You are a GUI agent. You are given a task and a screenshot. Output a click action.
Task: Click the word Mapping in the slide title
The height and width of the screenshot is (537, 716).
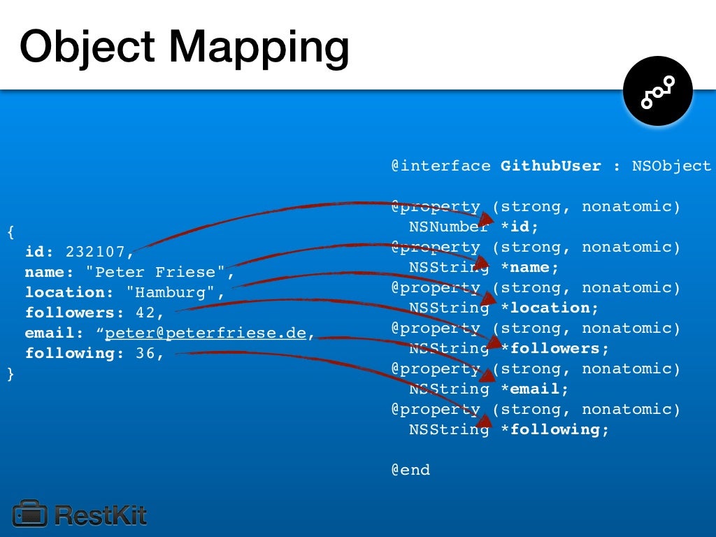pyautogui.click(x=259, y=48)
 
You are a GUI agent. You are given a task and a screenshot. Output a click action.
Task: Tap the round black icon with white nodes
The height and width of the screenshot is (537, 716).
pyautogui.click(x=657, y=92)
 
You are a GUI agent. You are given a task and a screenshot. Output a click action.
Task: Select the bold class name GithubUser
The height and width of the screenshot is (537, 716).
pyautogui.click(x=550, y=166)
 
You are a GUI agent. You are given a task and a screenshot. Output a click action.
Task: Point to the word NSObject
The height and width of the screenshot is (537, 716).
pyautogui.click(x=671, y=166)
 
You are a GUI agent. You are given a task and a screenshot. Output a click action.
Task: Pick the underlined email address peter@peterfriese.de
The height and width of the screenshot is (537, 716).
pyautogui.click(x=206, y=333)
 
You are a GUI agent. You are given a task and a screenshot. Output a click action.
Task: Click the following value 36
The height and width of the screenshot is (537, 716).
pyautogui.click(x=145, y=353)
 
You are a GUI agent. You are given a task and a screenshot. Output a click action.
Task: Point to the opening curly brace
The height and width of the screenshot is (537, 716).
pyautogui.click(x=10, y=231)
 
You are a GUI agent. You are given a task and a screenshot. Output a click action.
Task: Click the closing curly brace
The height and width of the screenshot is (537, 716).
pyautogui.click(x=10, y=374)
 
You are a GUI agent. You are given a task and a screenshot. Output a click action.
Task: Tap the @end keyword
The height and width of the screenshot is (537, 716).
pyautogui.click(x=410, y=470)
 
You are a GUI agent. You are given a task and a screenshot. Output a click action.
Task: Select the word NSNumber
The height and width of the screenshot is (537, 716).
pyautogui.click(x=449, y=227)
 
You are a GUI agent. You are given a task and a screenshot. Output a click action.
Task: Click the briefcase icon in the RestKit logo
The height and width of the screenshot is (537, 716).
pyautogui.click(x=29, y=514)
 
